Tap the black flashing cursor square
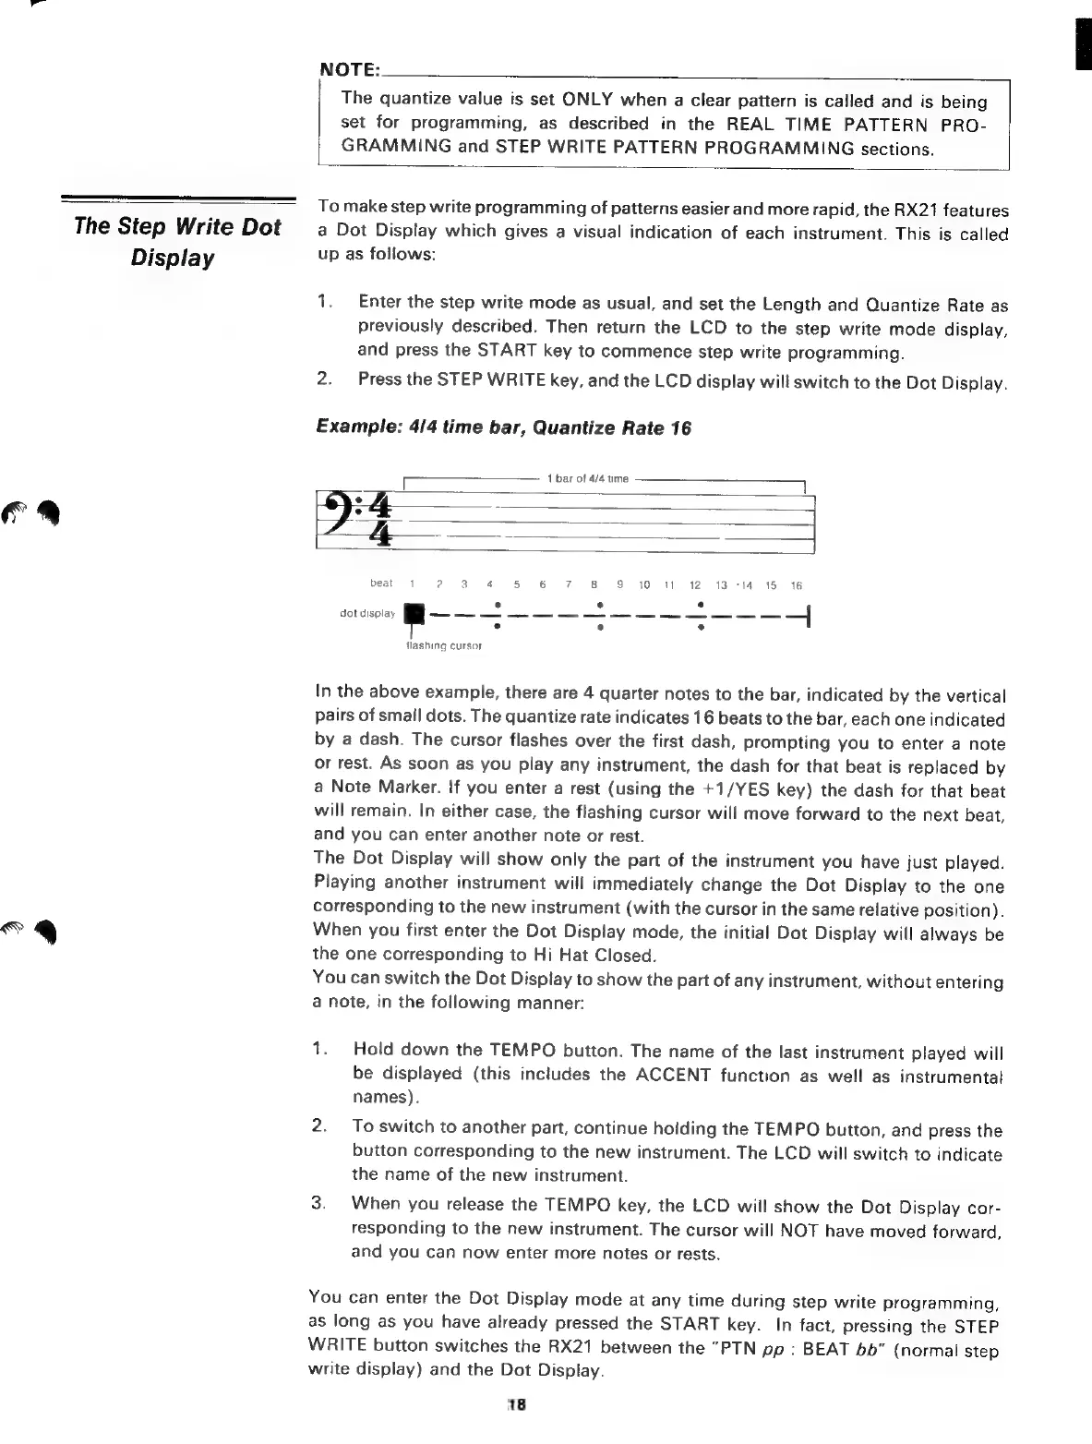pyautogui.click(x=416, y=612)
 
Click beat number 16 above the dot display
pyautogui.click(x=798, y=584)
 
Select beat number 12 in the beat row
pyautogui.click(x=695, y=584)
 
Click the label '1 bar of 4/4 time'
pyautogui.click(x=587, y=478)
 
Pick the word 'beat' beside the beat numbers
pyautogui.click(x=380, y=584)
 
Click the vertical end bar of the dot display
pyautogui.click(x=809, y=613)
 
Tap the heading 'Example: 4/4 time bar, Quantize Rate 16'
pyautogui.click(x=503, y=427)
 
